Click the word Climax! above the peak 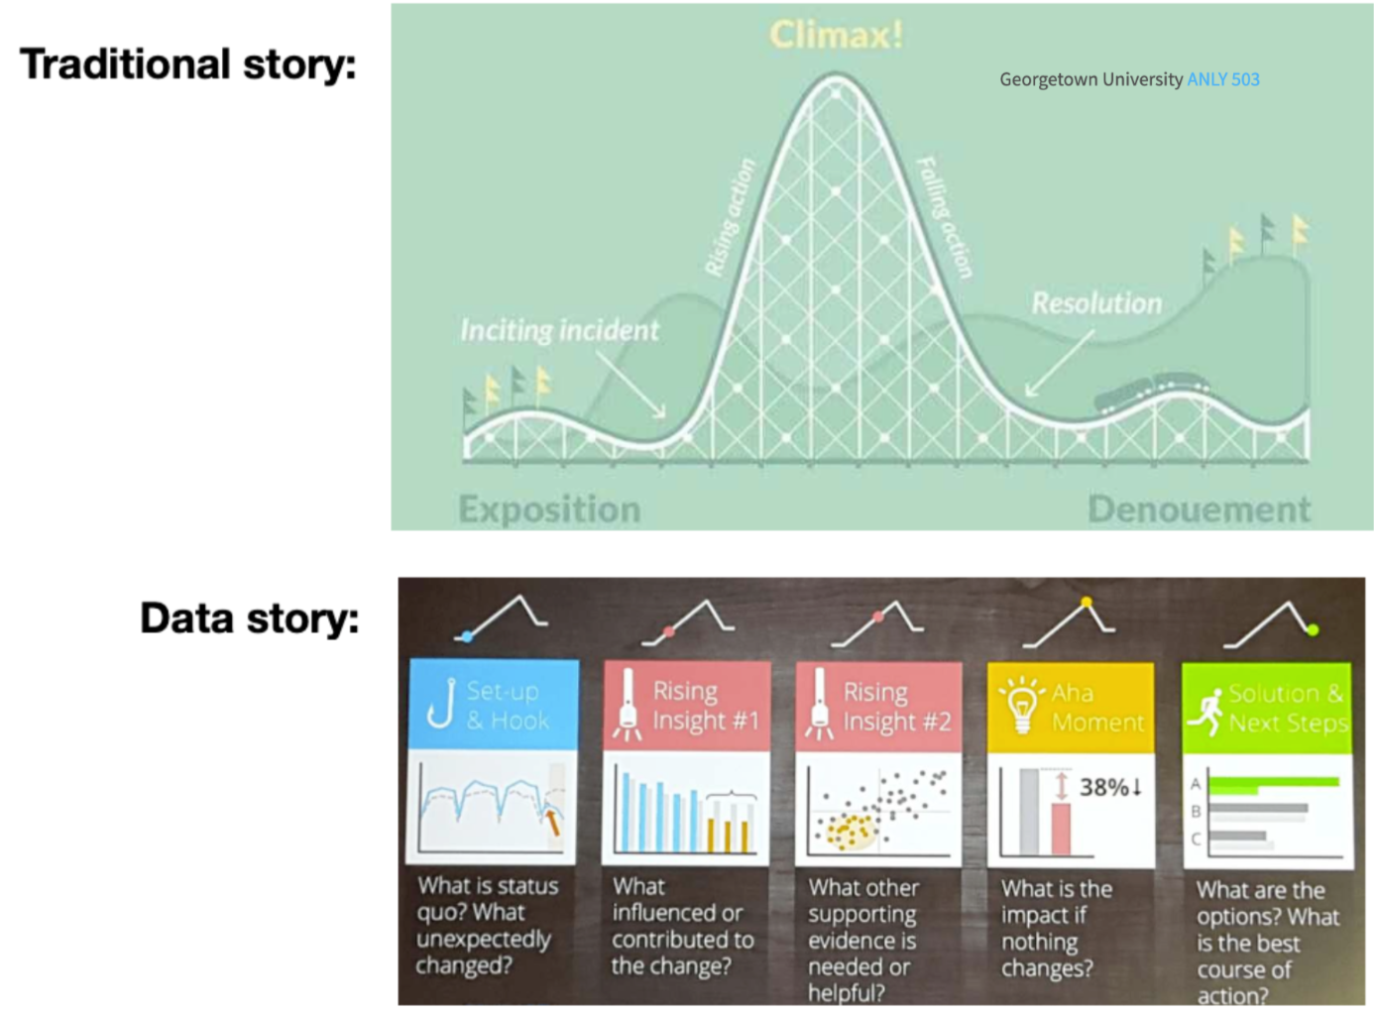click(x=836, y=35)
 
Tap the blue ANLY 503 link click(x=1223, y=79)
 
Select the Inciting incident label click(x=560, y=330)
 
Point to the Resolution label click(x=1096, y=303)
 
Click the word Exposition click(x=549, y=509)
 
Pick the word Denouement click(x=1200, y=509)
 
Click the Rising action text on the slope click(x=730, y=217)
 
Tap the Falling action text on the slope click(x=945, y=217)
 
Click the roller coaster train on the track click(x=1151, y=393)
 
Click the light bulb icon click(x=1021, y=705)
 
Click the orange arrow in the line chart click(x=552, y=823)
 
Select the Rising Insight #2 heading click(x=897, y=707)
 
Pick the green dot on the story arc click(x=1313, y=629)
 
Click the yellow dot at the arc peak click(x=1087, y=603)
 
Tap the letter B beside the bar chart click(x=1196, y=812)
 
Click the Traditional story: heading click(x=187, y=63)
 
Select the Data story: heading click(x=250, y=619)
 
